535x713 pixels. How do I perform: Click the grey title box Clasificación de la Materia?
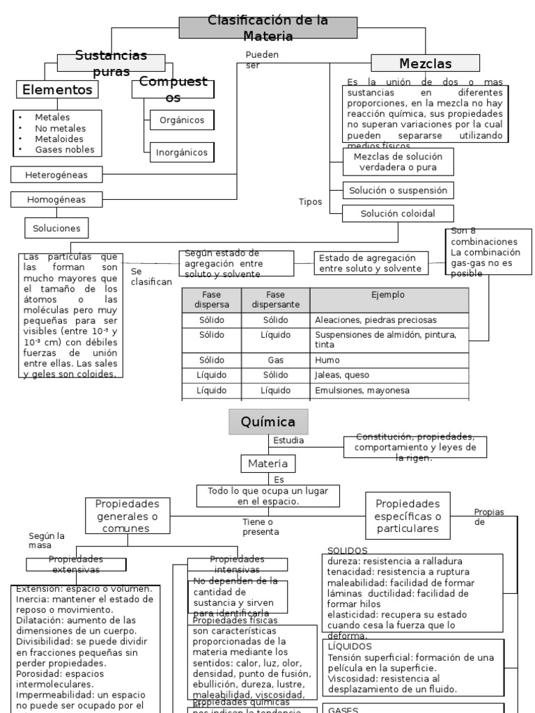coord(268,28)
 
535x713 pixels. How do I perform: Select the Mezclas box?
coord(425,63)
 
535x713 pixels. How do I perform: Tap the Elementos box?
coord(57,90)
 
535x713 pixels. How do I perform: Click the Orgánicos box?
coord(182,120)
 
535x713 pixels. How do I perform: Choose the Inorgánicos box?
coord(182,152)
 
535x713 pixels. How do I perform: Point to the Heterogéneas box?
coord(56,174)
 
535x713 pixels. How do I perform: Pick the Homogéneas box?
coord(56,200)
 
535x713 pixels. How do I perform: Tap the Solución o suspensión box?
coord(398,190)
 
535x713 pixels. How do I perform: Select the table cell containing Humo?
coord(389,361)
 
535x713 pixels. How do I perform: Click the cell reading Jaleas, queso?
coord(389,375)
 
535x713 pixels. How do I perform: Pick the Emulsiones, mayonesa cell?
coord(389,391)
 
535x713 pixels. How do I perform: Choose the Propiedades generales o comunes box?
coord(127,516)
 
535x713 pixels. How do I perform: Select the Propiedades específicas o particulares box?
coord(408,516)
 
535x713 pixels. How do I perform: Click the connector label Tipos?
coord(310,202)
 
